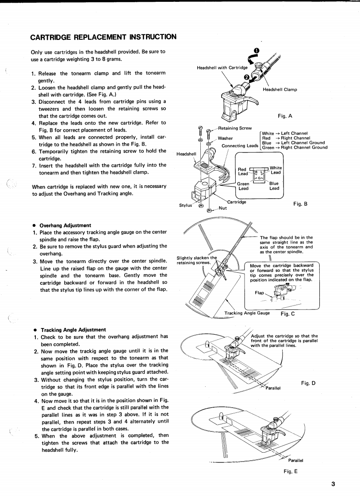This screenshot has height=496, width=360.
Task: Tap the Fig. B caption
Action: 300,204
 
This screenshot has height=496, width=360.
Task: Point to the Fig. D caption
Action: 308,383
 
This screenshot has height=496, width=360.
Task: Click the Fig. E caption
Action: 291,471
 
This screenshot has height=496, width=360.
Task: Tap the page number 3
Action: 333,484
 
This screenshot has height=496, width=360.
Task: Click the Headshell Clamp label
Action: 280,89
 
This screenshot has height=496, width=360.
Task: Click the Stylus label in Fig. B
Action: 186,205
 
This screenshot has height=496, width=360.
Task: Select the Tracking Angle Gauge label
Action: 247,313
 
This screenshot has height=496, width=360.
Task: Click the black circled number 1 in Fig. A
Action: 257,50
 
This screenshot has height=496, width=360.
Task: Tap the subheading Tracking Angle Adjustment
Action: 73,329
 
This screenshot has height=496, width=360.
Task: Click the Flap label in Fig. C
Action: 260,293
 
